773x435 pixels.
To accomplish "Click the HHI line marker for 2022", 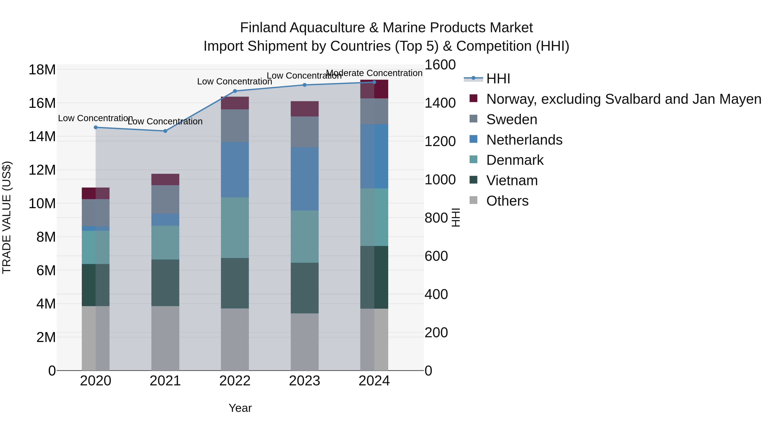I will [x=235, y=91].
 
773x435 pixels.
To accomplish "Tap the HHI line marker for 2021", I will [x=165, y=131].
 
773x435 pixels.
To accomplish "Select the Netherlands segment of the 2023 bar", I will [x=304, y=179].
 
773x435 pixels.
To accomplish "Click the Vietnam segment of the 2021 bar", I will [x=165, y=283].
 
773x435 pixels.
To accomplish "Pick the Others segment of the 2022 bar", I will [x=235, y=339].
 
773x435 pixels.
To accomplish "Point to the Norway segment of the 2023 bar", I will [x=304, y=109].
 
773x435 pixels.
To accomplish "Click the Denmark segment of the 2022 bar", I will [x=235, y=227].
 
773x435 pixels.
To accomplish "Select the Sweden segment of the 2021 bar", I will [x=165, y=199].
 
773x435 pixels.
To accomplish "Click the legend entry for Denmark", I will [x=515, y=160].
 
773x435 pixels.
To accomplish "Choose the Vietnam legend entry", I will [x=512, y=180].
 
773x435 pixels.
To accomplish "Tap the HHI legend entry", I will [x=498, y=79].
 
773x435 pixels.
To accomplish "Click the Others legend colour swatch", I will [x=473, y=200].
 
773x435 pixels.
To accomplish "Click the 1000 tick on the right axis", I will [x=440, y=180].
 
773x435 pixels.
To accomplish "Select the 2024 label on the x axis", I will [x=374, y=381].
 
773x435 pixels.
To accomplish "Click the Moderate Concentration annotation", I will [x=374, y=73].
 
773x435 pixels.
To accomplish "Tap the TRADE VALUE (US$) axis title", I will [x=7, y=217].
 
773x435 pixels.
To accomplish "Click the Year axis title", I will [x=240, y=408].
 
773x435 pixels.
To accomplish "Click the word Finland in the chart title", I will [x=263, y=28].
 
